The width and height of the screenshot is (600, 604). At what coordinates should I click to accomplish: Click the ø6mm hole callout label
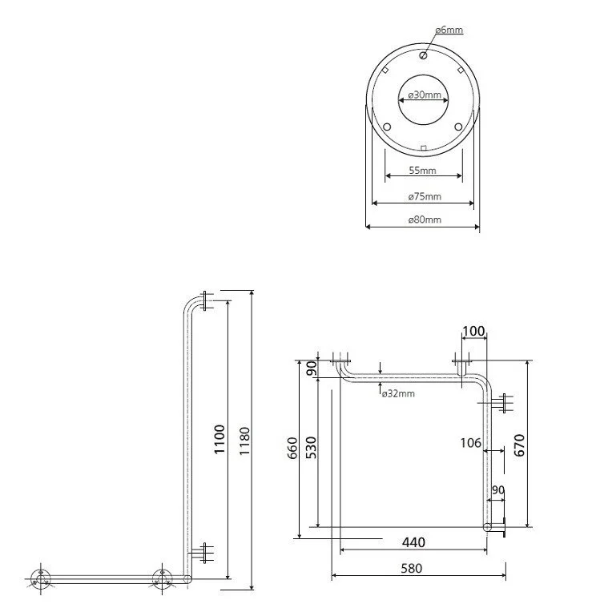pyautogui.click(x=449, y=30)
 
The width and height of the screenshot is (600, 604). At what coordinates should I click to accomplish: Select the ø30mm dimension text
pyautogui.click(x=425, y=95)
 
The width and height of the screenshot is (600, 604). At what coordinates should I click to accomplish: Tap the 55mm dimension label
pyautogui.click(x=422, y=171)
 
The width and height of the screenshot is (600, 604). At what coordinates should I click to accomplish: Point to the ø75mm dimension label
pyautogui.click(x=425, y=196)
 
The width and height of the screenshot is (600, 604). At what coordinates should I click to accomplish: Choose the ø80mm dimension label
pyautogui.click(x=425, y=219)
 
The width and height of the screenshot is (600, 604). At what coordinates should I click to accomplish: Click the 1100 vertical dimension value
pyautogui.click(x=219, y=439)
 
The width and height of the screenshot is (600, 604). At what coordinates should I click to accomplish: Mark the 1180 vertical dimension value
pyautogui.click(x=244, y=441)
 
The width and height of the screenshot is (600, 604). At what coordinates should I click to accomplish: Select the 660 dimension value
pyautogui.click(x=292, y=448)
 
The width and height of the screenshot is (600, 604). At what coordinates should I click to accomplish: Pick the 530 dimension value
pyautogui.click(x=311, y=447)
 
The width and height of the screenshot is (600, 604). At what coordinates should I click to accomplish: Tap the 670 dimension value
pyautogui.click(x=519, y=445)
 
